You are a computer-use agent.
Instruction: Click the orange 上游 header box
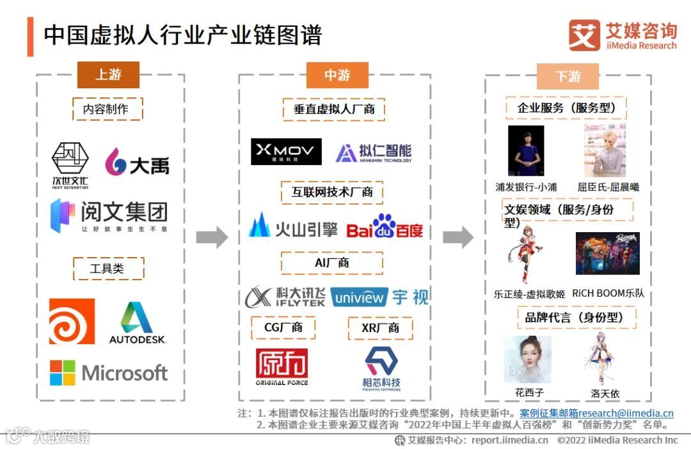[108, 75]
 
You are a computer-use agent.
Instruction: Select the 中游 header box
[337, 75]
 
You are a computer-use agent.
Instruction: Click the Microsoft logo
[109, 372]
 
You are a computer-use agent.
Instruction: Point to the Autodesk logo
[137, 322]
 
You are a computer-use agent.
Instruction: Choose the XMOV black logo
[286, 152]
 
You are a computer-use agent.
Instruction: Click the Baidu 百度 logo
[385, 226]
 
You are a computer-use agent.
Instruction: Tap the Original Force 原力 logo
[282, 366]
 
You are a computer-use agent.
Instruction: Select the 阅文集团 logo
[109, 216]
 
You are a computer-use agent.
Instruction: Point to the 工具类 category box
[108, 269]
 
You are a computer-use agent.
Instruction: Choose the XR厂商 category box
[381, 328]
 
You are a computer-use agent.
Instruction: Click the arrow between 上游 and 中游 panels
[211, 237]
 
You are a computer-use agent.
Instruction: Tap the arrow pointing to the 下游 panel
[458, 237]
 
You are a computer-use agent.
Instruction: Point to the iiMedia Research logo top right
[622, 36]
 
